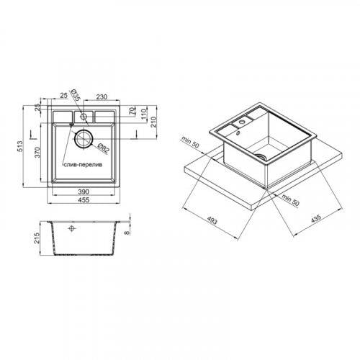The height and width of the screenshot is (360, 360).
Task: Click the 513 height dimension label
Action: [20, 146]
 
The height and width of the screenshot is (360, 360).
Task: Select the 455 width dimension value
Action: [84, 199]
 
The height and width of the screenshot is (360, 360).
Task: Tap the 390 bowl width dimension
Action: [84, 192]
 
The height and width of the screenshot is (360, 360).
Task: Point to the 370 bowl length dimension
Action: [37, 153]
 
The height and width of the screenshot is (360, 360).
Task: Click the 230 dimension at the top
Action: [102, 97]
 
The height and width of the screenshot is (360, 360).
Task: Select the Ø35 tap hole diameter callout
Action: [75, 95]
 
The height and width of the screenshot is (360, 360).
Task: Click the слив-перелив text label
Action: [83, 165]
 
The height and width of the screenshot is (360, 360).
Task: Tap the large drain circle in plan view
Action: [84, 138]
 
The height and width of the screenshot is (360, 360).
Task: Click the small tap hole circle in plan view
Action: [84, 117]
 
